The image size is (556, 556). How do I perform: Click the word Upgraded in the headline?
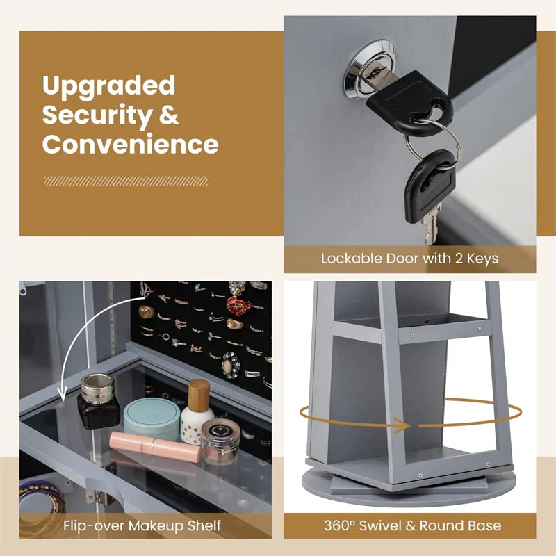point(108,86)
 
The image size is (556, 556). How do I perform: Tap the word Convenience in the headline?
point(130,144)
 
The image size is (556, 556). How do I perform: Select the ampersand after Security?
point(169,114)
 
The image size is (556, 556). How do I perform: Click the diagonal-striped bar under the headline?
point(126,181)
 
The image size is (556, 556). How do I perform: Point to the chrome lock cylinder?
point(369,67)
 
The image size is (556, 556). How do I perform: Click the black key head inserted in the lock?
point(411,102)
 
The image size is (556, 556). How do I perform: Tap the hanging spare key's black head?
point(430,186)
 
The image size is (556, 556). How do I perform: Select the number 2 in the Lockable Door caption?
point(459,258)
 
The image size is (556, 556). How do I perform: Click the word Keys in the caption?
point(482,259)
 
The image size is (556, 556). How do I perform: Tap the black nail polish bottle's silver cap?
point(97,389)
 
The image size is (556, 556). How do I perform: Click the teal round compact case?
point(152,418)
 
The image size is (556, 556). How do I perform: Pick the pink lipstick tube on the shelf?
point(155,446)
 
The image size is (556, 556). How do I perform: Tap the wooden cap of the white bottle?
point(199,395)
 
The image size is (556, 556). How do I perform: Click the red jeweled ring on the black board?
point(238,305)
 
